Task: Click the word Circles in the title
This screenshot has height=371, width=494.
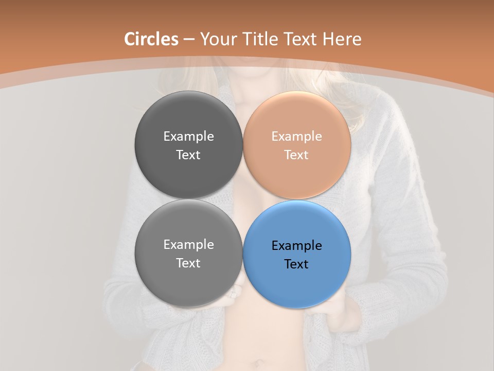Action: tap(151, 39)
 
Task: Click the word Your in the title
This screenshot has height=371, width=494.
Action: tap(218, 39)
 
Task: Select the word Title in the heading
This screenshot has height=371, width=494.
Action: tap(260, 39)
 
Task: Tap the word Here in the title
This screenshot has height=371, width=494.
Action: tap(342, 39)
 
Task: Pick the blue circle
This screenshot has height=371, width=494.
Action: tap(297, 281)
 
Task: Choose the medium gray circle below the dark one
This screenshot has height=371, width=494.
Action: tap(188, 281)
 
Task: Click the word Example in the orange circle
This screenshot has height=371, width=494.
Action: tap(297, 137)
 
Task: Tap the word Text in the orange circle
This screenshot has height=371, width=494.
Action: tap(296, 155)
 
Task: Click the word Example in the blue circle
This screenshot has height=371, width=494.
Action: tap(297, 246)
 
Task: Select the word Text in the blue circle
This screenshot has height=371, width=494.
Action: tap(296, 264)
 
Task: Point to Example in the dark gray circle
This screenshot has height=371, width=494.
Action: tap(188, 137)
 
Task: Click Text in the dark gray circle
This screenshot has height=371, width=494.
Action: tap(188, 155)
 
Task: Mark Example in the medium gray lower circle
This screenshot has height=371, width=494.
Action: tap(188, 245)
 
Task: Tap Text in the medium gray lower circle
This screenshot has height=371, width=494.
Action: tap(188, 263)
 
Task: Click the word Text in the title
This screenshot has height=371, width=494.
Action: tap(300, 39)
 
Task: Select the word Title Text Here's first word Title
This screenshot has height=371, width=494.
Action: tap(260, 39)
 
